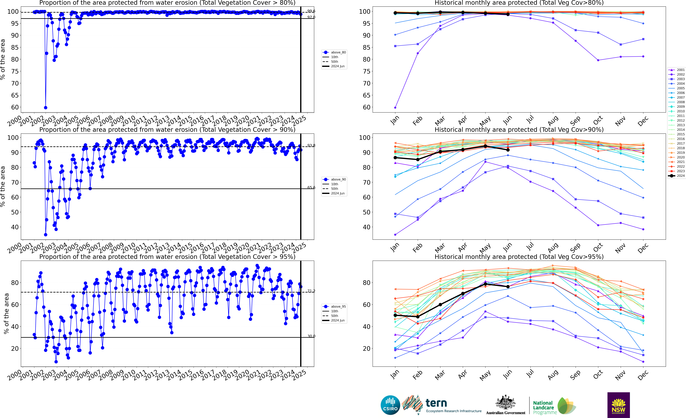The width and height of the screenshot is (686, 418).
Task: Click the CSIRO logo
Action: (x=390, y=405)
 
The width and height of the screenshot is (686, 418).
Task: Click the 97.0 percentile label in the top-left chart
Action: (x=311, y=17)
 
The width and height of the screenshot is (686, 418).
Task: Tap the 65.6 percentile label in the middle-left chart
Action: (x=311, y=188)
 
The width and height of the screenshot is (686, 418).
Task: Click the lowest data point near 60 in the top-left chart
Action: (x=46, y=108)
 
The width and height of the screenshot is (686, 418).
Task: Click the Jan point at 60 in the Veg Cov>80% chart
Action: (x=395, y=108)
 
